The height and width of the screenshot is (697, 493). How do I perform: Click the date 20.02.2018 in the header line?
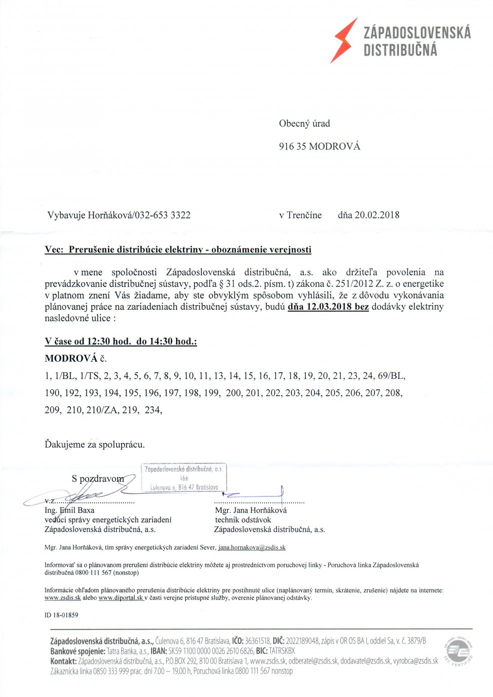376,215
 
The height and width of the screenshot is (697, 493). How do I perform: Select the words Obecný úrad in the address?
304,124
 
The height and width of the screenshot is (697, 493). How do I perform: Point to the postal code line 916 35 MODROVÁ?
319,147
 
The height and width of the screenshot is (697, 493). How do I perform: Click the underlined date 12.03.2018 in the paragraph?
328,307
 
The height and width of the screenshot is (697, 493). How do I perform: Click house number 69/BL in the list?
392,376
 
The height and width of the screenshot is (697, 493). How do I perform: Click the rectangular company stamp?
184,477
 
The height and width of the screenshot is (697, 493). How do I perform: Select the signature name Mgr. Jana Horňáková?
251,510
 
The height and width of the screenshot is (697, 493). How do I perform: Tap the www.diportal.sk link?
121,597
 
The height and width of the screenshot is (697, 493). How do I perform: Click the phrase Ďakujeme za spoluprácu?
95,444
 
